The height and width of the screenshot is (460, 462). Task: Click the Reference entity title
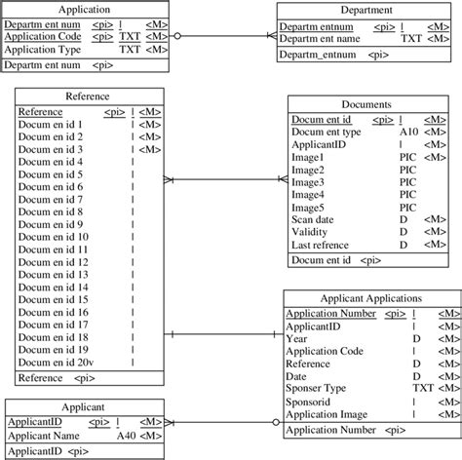87,97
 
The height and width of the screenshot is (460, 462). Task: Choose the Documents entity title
368,103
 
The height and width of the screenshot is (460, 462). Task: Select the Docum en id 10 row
54,237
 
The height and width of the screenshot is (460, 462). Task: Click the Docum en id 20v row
56,363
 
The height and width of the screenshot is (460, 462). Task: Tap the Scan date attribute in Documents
315,220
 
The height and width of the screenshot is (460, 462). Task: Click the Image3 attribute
310,182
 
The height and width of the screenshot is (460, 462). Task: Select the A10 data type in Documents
408,132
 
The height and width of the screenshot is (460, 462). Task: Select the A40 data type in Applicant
126,437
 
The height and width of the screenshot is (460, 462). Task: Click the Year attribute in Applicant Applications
296,338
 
